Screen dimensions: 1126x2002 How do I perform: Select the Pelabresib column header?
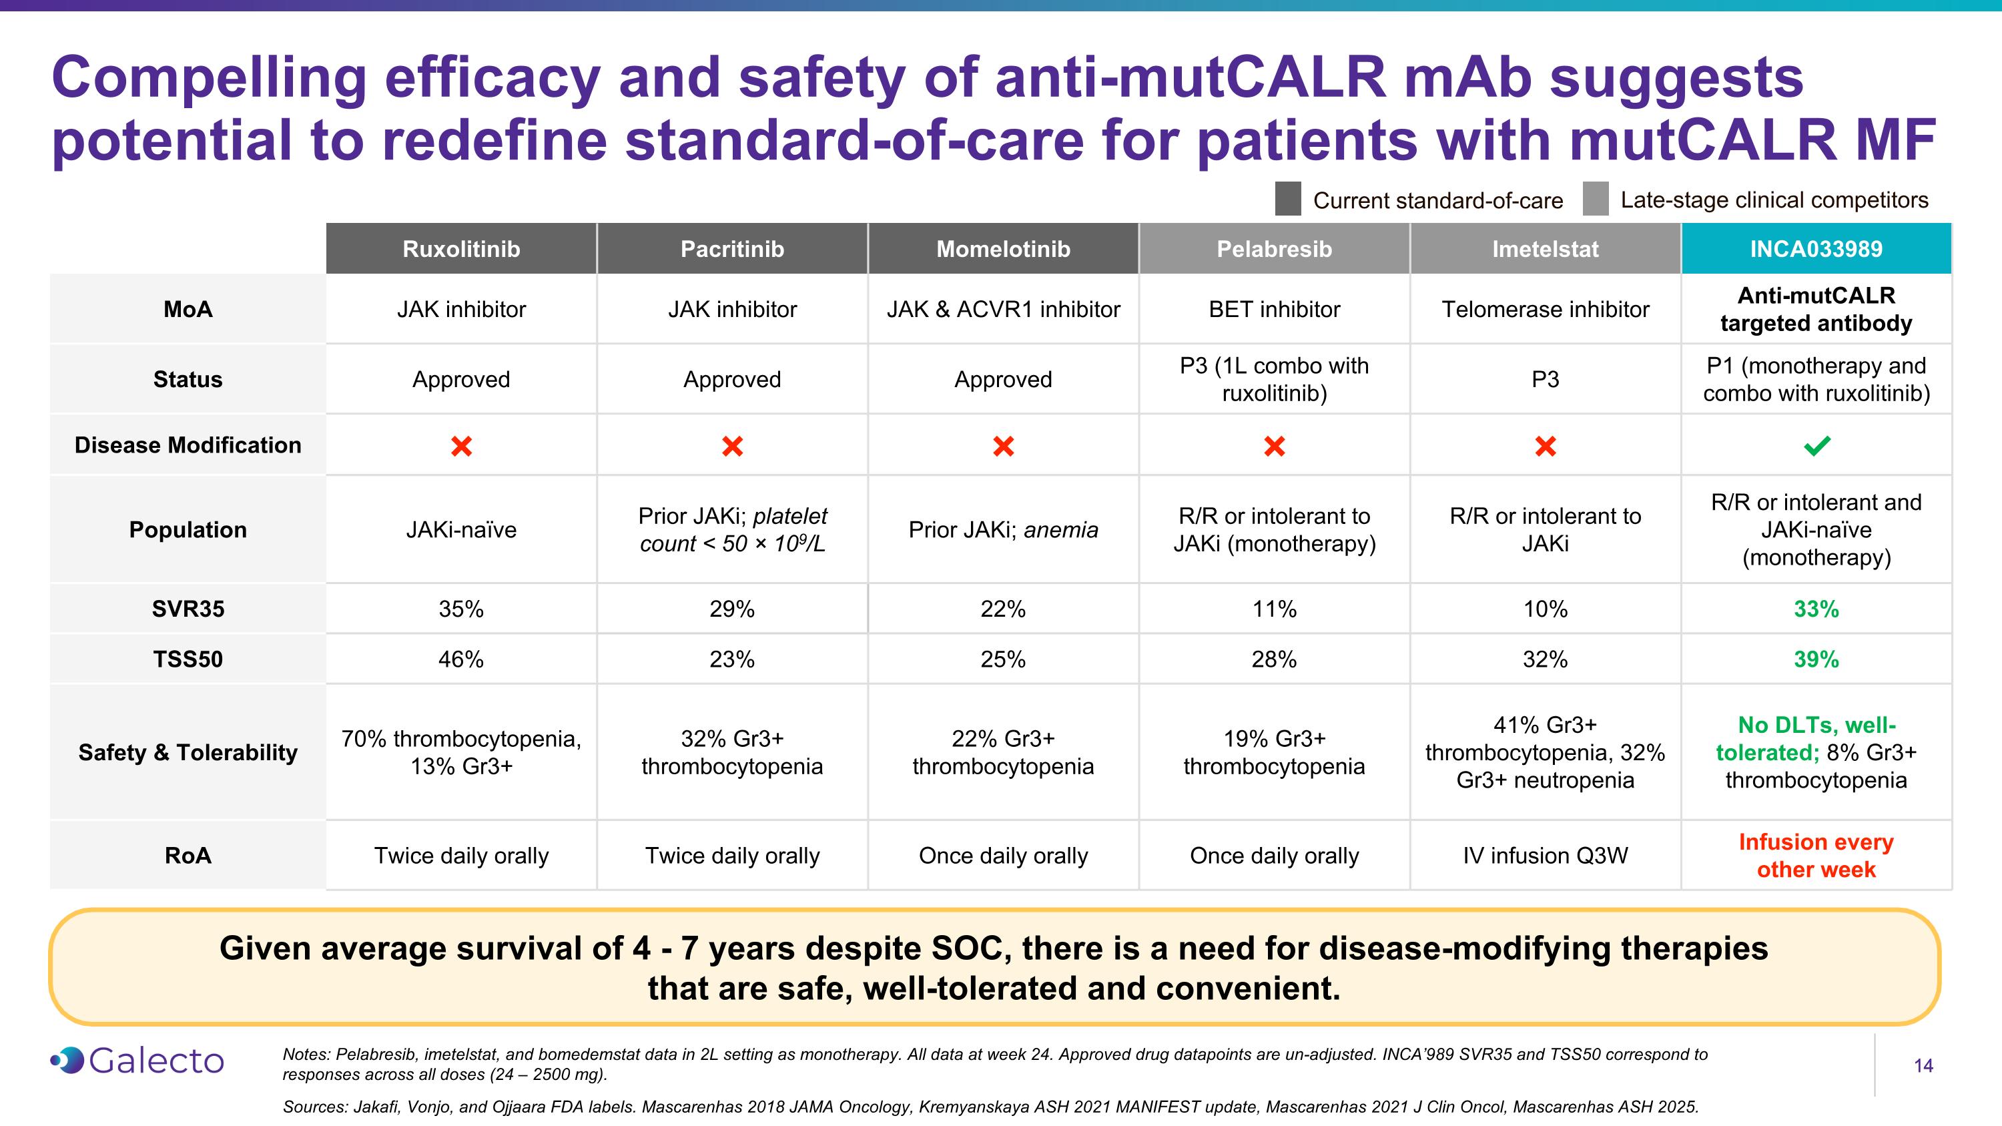tap(1274, 249)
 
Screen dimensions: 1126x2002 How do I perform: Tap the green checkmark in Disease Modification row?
tap(1816, 446)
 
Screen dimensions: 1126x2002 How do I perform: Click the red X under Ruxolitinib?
tap(461, 446)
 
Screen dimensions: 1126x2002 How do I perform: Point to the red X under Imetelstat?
tap(1545, 446)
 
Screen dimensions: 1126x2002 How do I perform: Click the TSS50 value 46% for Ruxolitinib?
tap(461, 659)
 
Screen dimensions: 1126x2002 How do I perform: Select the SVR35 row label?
tap(188, 609)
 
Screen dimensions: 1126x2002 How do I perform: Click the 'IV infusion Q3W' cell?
tap(1545, 856)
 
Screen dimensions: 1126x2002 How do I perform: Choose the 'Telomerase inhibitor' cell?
tap(1545, 309)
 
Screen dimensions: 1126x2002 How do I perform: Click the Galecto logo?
tap(137, 1061)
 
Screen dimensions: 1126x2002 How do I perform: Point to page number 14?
tap(1923, 1065)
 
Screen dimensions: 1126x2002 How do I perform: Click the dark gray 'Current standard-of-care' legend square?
tap(1288, 200)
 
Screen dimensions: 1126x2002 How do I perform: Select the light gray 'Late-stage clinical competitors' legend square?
tap(1596, 200)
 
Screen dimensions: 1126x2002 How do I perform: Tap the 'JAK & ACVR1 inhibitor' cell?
tap(1002, 309)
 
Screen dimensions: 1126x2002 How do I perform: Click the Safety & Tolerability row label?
tap(188, 752)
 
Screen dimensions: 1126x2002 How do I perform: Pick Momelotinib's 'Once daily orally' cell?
tap(1002, 856)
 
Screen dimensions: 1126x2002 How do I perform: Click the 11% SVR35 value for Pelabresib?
tap(1274, 609)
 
